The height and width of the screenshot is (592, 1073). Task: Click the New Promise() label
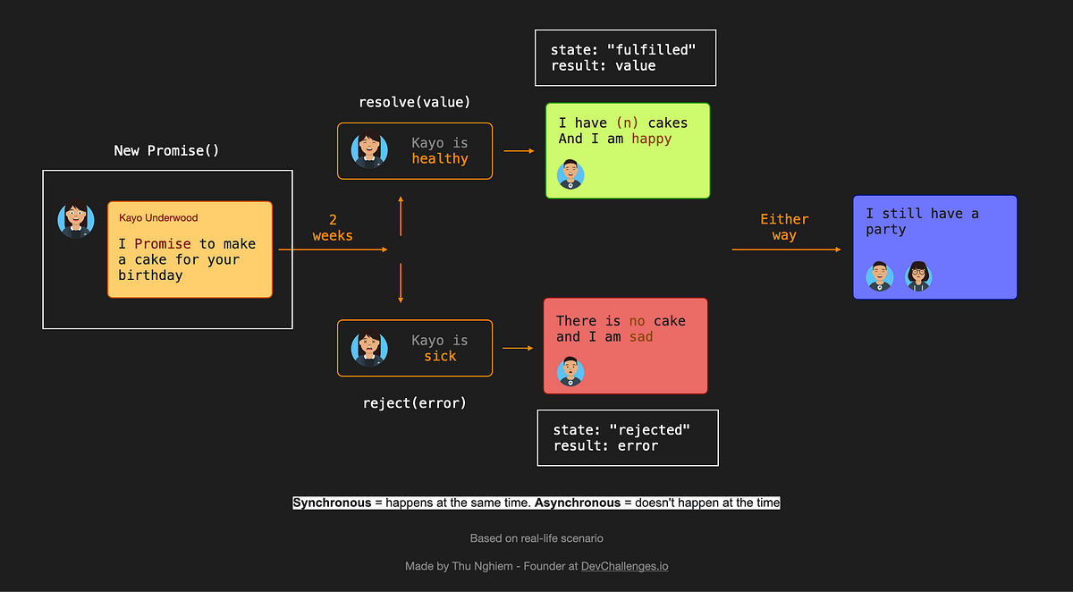[166, 150]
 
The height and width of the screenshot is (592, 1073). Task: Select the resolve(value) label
[414, 102]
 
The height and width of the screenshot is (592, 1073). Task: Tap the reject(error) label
[414, 402]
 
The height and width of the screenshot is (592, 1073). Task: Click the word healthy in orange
[440, 158]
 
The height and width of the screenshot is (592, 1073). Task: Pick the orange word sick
[440, 356]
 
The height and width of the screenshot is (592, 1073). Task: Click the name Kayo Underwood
[158, 217]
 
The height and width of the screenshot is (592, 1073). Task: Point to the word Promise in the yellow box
[163, 243]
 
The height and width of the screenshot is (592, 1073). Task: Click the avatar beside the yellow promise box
[76, 220]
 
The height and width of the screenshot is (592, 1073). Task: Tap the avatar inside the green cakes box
[570, 174]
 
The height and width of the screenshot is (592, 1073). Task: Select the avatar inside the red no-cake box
[570, 370]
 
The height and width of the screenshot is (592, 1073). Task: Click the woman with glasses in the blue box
[918, 275]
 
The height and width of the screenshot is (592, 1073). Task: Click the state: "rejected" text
[621, 429]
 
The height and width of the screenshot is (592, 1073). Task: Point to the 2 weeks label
[333, 228]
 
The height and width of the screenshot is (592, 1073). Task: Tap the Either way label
[784, 227]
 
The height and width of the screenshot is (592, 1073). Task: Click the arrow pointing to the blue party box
[787, 249]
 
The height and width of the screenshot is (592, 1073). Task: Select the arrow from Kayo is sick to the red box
[519, 348]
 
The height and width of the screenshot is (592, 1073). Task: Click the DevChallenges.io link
[624, 566]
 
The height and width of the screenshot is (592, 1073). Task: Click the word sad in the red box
[641, 336]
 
